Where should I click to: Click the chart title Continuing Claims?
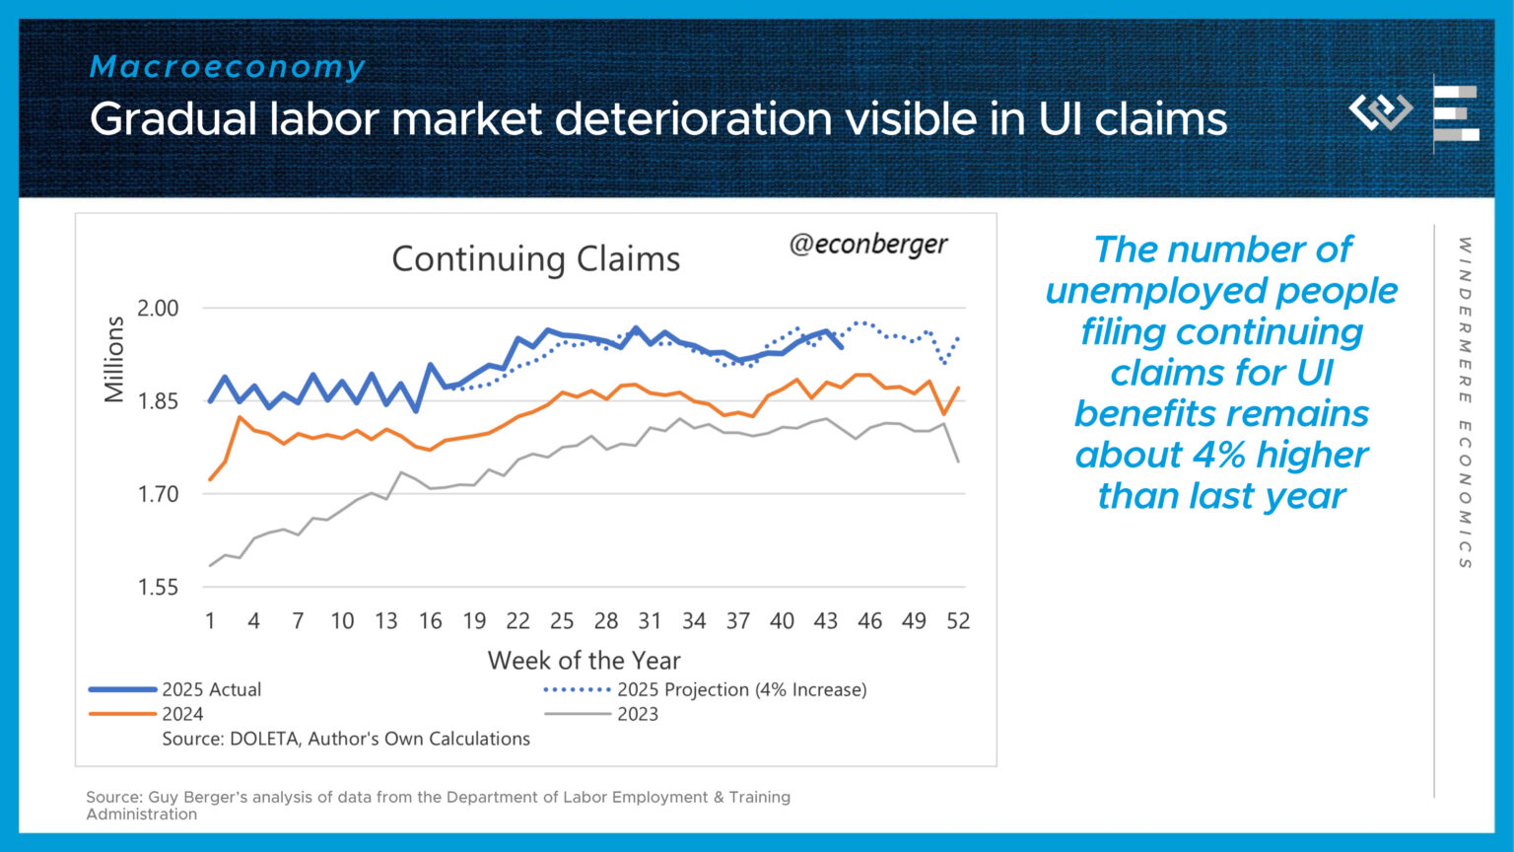tap(535, 259)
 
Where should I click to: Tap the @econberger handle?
tap(867, 245)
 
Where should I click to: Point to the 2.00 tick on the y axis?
tap(158, 309)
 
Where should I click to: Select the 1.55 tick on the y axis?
tap(158, 588)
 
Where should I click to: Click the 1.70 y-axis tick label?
tap(158, 494)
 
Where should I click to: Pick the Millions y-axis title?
tap(114, 359)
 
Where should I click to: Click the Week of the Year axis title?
tap(584, 661)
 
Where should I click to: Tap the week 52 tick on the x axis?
tap(957, 621)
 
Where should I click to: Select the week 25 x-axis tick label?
tap(562, 621)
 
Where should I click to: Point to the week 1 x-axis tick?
tap(210, 621)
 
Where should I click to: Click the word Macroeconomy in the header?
tap(228, 67)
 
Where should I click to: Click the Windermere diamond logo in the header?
tap(1380, 110)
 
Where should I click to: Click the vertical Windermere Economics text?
tap(1465, 402)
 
